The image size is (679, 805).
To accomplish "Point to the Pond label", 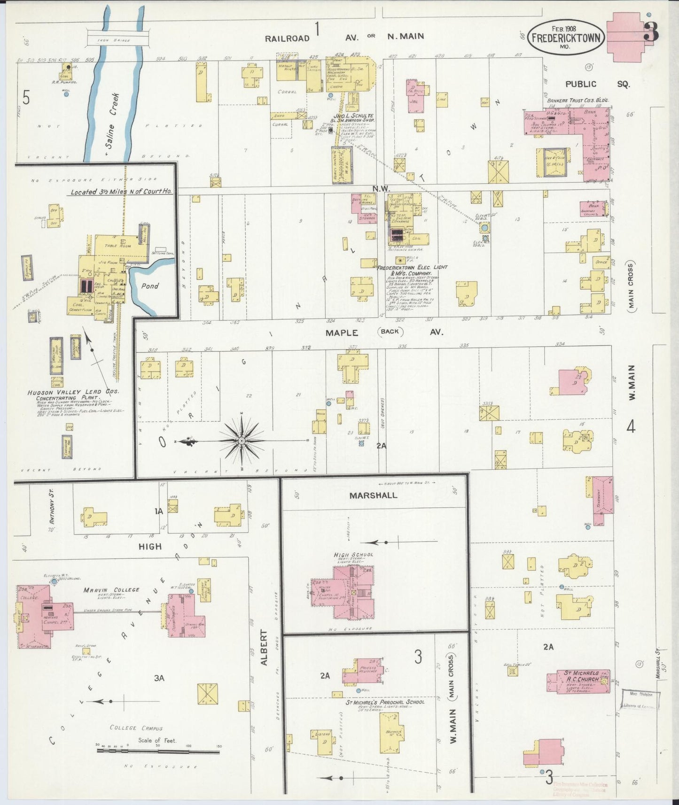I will click(150, 286).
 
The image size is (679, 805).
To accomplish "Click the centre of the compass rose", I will click(241, 441).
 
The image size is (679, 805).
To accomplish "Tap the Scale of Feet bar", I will click(157, 751).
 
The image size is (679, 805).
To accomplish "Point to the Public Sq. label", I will click(597, 84).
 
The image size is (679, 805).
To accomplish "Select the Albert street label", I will click(264, 647).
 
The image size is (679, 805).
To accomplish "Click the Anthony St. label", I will click(53, 507).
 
